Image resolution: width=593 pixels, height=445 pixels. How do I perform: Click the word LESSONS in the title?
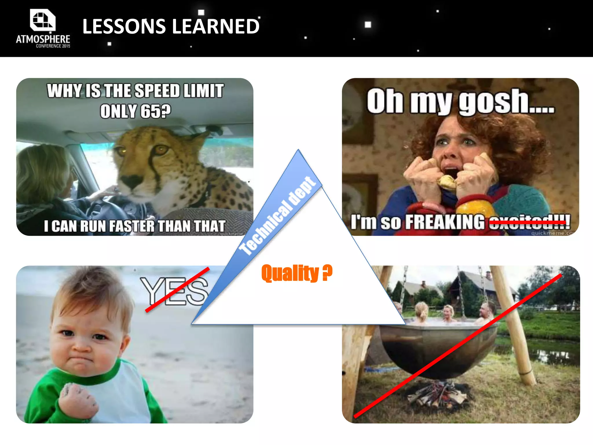[x=124, y=26]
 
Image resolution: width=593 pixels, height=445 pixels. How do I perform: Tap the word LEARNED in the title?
[x=216, y=26]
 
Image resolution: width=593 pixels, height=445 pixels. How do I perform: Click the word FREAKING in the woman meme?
[x=444, y=222]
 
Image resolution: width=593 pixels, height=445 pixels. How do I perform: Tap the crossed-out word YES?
[x=174, y=291]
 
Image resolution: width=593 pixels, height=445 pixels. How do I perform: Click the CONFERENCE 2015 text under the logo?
[x=53, y=46]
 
